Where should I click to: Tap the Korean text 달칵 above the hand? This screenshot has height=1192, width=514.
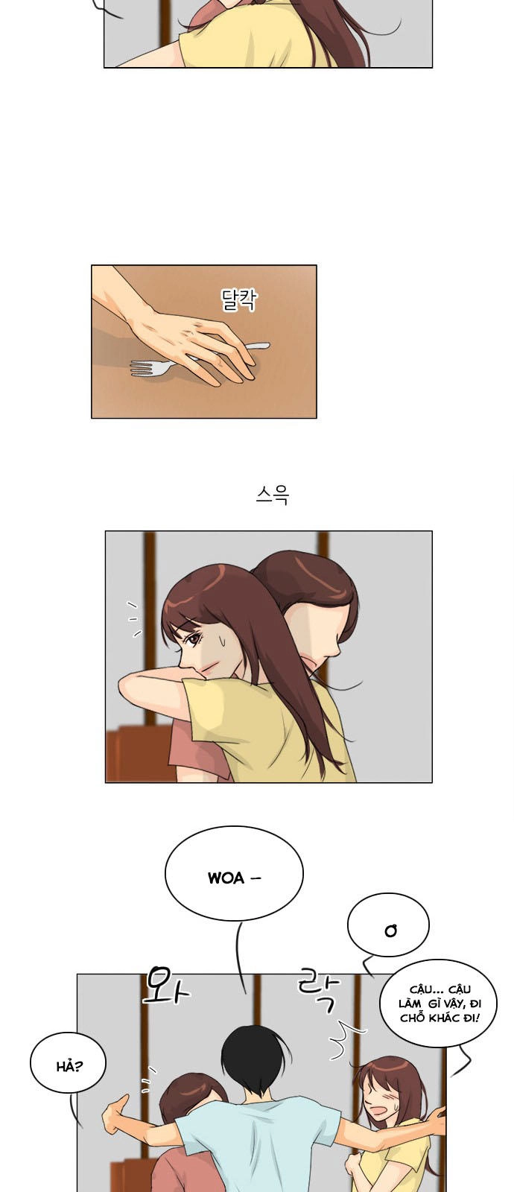[x=239, y=299]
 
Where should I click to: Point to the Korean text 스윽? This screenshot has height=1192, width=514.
[x=272, y=495]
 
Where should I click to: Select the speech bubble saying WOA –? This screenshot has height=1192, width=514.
[x=234, y=877]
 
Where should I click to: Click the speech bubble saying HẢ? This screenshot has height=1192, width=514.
[x=68, y=1065]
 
